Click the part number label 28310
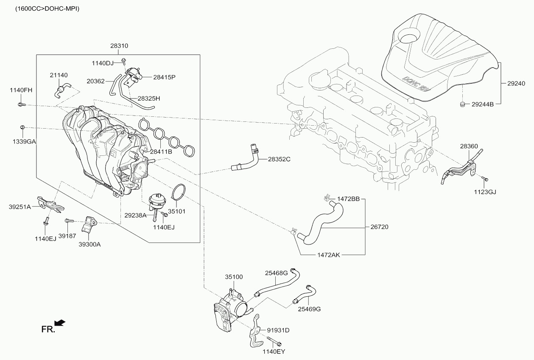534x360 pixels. coord(119,46)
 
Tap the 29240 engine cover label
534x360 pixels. coord(516,84)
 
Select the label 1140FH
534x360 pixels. coord(21,90)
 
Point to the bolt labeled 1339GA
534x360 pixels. coord(22,127)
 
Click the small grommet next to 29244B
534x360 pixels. coord(463,104)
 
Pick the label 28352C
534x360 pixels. coord(279,159)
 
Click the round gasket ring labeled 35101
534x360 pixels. coord(179,191)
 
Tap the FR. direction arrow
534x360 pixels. coord(60,323)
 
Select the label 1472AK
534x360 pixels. coord(329,255)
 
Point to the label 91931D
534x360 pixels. coord(278,330)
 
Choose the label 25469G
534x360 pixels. coord(309,309)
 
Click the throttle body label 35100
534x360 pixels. coord(234,277)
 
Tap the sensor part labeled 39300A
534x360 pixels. coord(89,224)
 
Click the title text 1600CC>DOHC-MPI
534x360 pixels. coord(47,9)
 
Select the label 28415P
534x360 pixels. coord(164,77)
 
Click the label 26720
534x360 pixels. coord(379,227)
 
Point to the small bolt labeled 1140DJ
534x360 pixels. coord(124,61)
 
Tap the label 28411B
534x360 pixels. coord(161,152)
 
